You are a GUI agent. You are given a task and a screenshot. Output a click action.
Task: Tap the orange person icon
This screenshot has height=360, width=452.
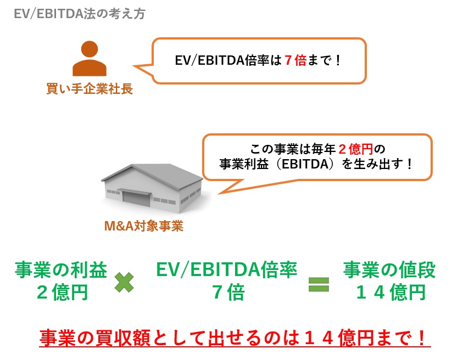pos(89,59)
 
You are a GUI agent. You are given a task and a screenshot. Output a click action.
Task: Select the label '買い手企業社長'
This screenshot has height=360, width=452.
pos(90,89)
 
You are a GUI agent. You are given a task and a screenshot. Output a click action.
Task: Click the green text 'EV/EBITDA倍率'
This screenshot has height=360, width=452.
pos(227,269)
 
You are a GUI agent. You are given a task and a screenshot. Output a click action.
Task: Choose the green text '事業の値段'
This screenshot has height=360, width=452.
pos(389,269)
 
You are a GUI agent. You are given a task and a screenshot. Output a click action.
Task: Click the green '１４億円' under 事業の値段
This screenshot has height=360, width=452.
pos(390,292)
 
